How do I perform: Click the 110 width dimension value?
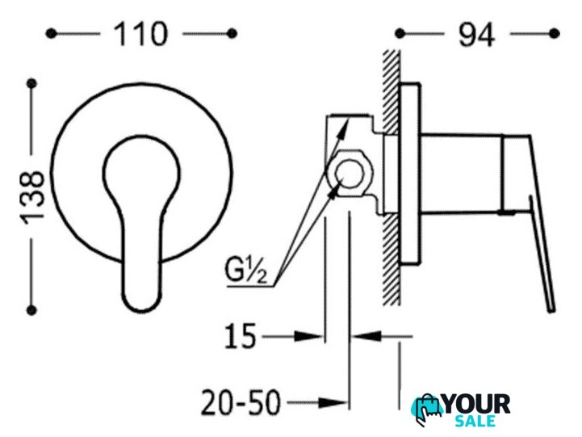tap(140, 34)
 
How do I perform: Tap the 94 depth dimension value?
tap(476, 35)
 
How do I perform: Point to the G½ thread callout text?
tap(245, 271)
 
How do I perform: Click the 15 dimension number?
tap(241, 336)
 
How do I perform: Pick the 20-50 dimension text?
tap(241, 403)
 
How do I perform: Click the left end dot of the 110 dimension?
tap(51, 34)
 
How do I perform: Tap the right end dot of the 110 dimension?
tap(232, 34)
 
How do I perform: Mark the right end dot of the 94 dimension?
tap(555, 33)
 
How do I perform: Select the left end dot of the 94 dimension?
tap(400, 33)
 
